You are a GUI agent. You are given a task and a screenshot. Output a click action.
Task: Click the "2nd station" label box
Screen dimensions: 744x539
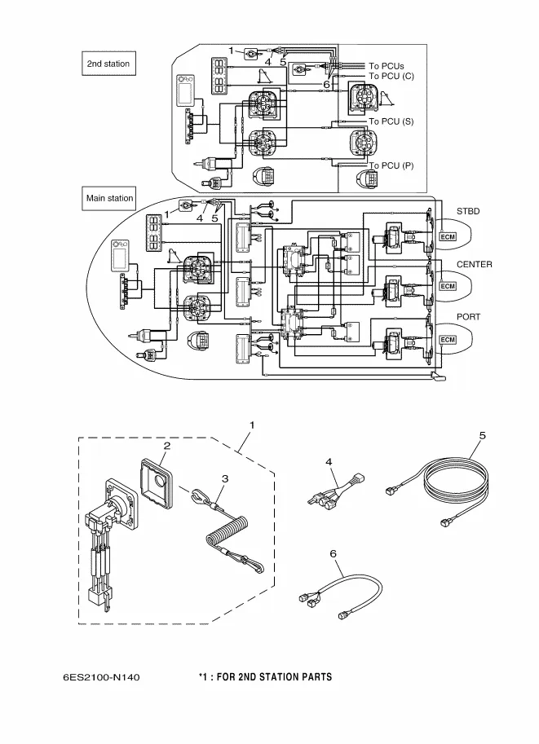tap(108, 64)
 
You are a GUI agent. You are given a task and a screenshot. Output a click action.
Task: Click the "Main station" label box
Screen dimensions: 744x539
tap(109, 198)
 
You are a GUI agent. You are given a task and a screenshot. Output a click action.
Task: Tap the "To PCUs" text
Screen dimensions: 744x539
tap(387, 66)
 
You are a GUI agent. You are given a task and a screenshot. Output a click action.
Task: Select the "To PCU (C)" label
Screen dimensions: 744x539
tap(391, 77)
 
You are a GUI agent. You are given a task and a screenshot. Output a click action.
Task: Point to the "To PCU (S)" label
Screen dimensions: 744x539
tap(391, 121)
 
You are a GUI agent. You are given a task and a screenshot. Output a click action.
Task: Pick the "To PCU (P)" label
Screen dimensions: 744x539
tap(391, 165)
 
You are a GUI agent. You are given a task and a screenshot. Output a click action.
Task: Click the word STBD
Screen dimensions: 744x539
tap(468, 211)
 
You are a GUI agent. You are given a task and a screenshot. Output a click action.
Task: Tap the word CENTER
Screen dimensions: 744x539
tap(474, 265)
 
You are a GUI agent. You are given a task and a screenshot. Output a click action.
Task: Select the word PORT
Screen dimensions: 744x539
tap(469, 318)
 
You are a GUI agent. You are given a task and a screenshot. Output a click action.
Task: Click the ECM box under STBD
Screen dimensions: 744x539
tap(448, 236)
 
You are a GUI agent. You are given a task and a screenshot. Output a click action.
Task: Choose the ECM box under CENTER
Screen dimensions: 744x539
tap(448, 286)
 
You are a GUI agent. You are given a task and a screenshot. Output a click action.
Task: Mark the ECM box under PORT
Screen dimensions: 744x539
tap(448, 339)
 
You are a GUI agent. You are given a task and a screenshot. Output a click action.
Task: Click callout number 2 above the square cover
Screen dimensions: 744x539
tap(166, 446)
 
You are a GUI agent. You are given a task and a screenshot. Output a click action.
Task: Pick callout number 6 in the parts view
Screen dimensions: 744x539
tap(333, 552)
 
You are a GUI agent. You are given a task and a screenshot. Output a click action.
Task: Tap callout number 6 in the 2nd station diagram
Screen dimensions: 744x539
tap(326, 84)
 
